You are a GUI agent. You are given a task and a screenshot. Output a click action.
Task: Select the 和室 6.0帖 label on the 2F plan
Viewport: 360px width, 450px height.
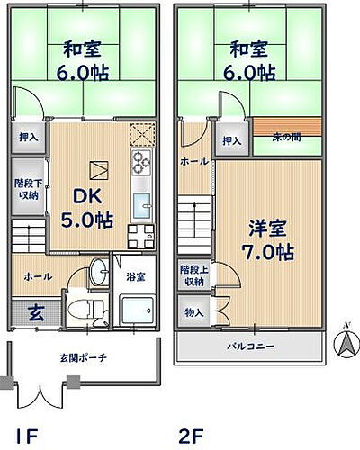click(x=247, y=61)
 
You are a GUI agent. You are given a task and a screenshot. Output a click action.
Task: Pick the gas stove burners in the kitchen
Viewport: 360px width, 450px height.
click(x=142, y=164)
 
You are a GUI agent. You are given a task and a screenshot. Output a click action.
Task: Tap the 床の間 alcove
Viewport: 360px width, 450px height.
click(x=288, y=136)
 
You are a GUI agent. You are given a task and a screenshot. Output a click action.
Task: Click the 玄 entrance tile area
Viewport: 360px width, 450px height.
click(x=31, y=313)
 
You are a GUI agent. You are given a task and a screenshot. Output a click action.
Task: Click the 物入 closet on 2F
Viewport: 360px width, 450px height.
click(x=193, y=312)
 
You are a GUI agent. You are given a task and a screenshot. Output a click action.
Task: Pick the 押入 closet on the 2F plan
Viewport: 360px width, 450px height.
click(x=231, y=140)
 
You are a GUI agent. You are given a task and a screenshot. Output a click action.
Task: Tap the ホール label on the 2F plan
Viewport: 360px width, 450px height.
click(x=193, y=162)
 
